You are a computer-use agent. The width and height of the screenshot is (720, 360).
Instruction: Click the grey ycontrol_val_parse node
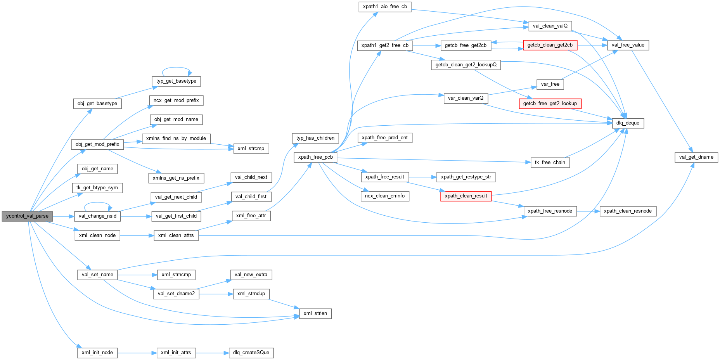[27, 216]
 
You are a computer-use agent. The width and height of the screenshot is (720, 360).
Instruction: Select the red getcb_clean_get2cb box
[550, 45]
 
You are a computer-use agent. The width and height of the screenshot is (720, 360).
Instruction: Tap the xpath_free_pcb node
[315, 157]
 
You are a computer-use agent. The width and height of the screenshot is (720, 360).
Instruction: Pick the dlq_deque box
[627, 123]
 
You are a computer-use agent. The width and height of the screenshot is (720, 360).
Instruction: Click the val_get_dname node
[696, 157]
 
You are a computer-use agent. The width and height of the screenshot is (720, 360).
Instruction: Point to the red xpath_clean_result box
[466, 196]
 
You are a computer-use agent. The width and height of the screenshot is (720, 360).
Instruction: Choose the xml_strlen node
[315, 313]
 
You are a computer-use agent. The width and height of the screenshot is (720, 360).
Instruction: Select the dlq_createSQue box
[251, 353]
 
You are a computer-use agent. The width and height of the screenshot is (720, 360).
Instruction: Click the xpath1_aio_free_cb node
[384, 7]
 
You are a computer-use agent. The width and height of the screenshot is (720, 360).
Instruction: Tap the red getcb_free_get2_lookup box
[550, 104]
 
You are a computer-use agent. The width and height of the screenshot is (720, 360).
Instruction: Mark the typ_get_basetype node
[176, 81]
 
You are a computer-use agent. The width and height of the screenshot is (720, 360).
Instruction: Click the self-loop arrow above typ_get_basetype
[176, 67]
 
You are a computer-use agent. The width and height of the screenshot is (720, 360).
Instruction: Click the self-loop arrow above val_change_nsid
[98, 202]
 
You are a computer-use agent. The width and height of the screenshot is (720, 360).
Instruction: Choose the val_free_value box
[627, 45]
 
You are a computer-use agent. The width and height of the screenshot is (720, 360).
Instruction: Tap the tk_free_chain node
[550, 163]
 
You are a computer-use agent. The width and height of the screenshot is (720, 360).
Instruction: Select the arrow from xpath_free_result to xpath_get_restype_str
[422, 177]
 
